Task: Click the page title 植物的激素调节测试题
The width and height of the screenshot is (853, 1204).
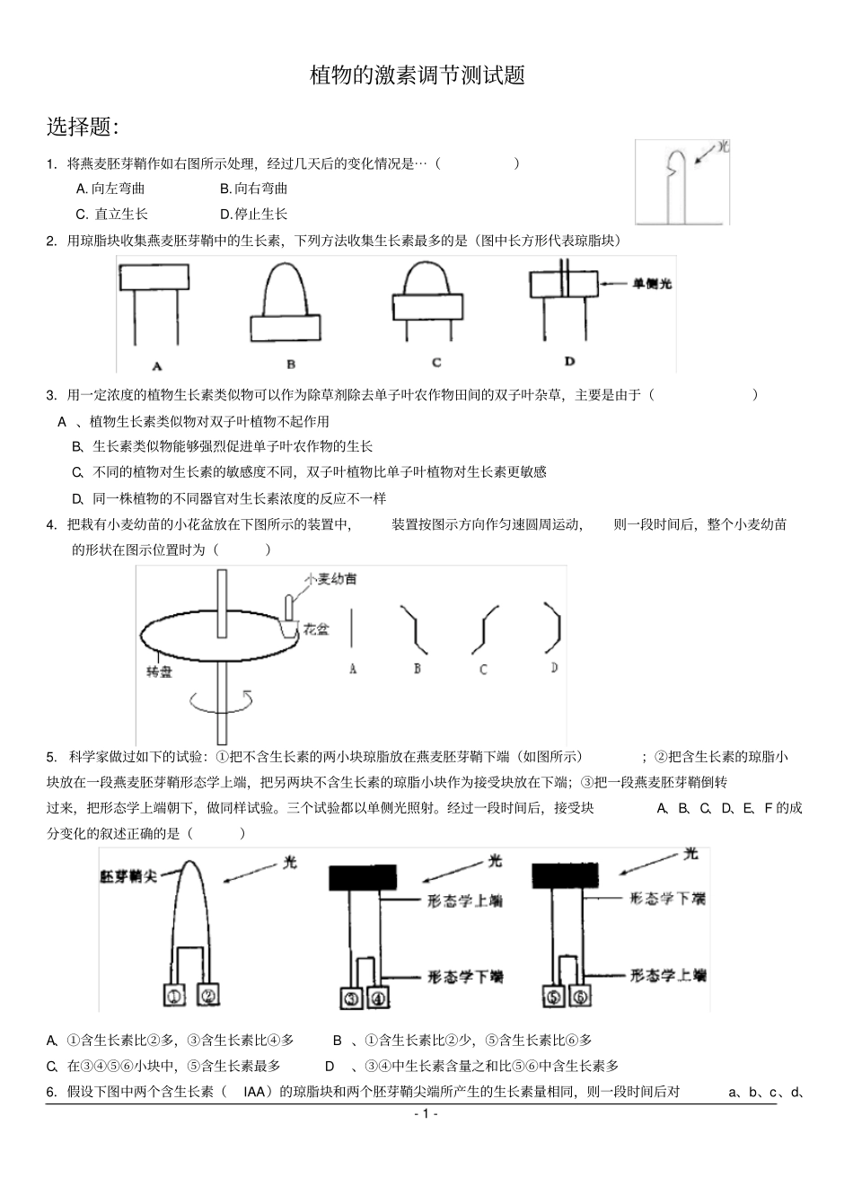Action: (x=417, y=75)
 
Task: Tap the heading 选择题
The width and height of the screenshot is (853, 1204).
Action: (x=83, y=127)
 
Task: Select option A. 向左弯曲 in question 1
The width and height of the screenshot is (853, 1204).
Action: (x=110, y=189)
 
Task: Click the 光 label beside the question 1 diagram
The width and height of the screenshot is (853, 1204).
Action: (x=723, y=146)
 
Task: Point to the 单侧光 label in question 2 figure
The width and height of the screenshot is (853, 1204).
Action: (x=652, y=284)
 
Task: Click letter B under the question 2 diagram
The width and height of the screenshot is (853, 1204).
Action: (x=291, y=365)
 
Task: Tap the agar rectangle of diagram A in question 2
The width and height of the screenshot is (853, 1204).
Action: (x=156, y=277)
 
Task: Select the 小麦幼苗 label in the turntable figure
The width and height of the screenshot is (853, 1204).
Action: (x=330, y=579)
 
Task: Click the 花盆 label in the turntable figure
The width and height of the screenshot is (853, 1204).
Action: (x=315, y=629)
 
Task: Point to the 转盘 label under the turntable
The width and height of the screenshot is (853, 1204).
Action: (x=159, y=672)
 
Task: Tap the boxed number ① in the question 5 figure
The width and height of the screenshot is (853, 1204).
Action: (x=175, y=995)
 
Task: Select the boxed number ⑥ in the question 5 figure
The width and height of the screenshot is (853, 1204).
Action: (x=580, y=997)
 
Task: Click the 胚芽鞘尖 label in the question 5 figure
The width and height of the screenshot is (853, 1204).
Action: (x=128, y=875)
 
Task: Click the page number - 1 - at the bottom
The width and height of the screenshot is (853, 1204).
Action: (x=426, y=1114)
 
